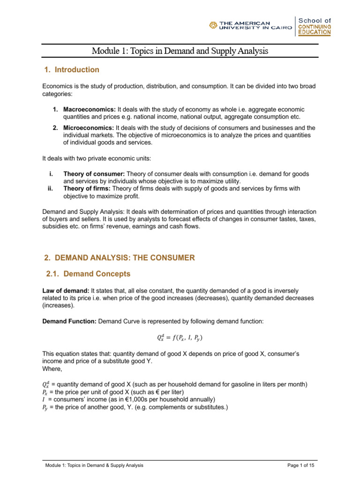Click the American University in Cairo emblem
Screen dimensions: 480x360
(213, 26)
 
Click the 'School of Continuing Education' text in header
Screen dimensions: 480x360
(315, 26)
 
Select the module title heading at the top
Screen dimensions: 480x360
(180, 51)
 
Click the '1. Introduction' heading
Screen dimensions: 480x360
(71, 70)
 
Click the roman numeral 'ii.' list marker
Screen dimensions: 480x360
(50, 188)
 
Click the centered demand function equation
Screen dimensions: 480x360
(180, 337)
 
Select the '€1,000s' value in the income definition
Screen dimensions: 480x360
(121, 399)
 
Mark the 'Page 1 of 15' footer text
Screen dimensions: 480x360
(302, 465)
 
